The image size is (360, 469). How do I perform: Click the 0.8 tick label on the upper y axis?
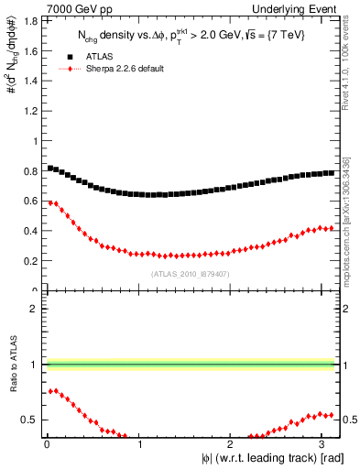(34, 171)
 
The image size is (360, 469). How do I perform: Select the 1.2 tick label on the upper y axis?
(34, 111)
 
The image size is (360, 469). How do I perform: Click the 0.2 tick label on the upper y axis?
(34, 261)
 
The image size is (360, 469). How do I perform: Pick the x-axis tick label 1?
(140, 443)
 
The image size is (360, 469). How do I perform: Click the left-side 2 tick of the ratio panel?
(37, 309)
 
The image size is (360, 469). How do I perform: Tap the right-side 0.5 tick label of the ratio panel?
(348, 420)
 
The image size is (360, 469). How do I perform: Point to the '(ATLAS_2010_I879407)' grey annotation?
(190, 273)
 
